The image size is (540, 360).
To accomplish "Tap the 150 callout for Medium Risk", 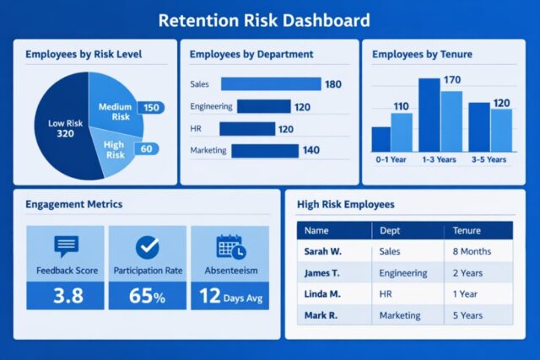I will click(x=151, y=108).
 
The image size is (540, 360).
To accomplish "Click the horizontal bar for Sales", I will click(x=271, y=84).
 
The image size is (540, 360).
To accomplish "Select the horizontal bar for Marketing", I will click(x=264, y=151).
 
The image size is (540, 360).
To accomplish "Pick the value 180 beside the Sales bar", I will click(x=333, y=84).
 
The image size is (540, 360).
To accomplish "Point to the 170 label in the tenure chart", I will click(x=451, y=80).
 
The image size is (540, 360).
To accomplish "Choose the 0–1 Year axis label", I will click(x=391, y=159).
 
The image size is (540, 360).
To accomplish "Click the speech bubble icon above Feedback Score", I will click(x=67, y=246).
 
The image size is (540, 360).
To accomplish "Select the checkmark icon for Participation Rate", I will click(x=148, y=246).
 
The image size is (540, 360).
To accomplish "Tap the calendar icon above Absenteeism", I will click(x=229, y=246).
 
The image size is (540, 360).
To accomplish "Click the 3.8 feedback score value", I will click(x=67, y=296).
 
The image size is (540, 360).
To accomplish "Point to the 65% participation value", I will click(x=148, y=296).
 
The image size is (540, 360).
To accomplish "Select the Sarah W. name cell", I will click(x=321, y=251).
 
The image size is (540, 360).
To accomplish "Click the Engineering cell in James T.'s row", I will click(x=402, y=273).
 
